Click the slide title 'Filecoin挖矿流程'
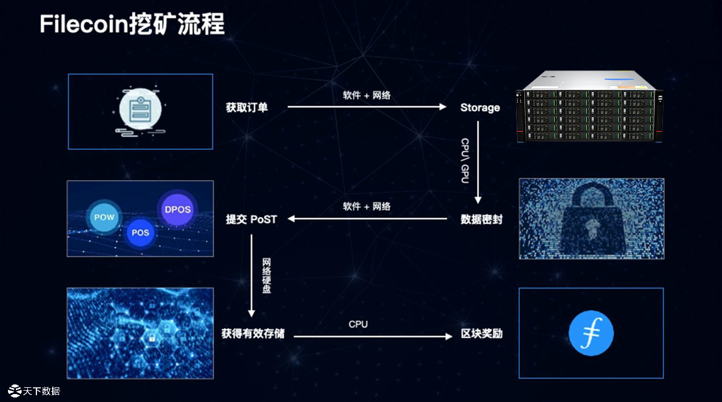pyautogui.click(x=132, y=24)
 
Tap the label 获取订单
pyautogui.click(x=247, y=107)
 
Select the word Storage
pyautogui.click(x=480, y=107)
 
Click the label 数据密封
pyautogui.click(x=481, y=219)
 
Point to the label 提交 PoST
pyautogui.click(x=251, y=219)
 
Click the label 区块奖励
pyautogui.click(x=482, y=333)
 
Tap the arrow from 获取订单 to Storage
pyautogui.click(x=367, y=107)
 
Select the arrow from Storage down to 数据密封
pyautogui.click(x=478, y=162)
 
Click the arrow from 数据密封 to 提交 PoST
pyautogui.click(x=367, y=219)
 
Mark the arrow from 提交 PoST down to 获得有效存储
pyautogui.click(x=251, y=276)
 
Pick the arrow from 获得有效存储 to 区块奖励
pyautogui.click(x=372, y=336)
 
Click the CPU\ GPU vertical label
pyautogui.click(x=465, y=160)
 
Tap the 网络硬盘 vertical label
pyautogui.click(x=267, y=276)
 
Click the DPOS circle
pyautogui.click(x=177, y=209)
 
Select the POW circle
pyautogui.click(x=104, y=217)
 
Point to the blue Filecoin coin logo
pyautogui.click(x=591, y=333)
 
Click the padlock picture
pyautogui.click(x=591, y=219)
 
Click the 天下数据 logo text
pyautogui.click(x=41, y=391)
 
